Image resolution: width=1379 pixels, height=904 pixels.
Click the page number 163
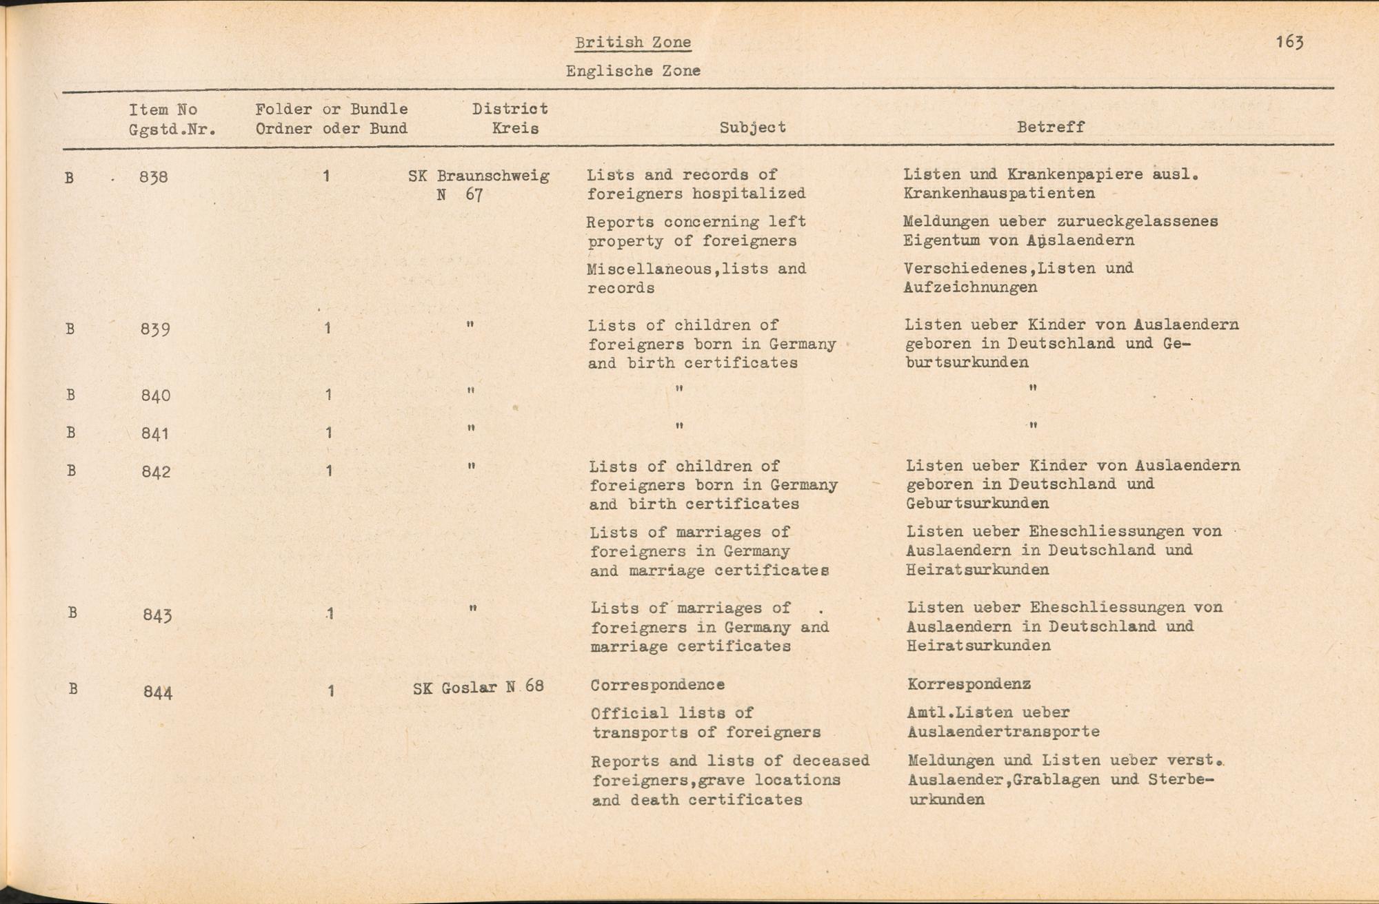1289,42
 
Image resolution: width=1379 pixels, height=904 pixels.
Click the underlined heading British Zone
633,43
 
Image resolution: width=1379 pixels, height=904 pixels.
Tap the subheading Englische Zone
633,70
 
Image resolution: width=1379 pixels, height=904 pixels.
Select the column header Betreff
1050,127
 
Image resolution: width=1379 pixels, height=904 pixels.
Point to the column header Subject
752,127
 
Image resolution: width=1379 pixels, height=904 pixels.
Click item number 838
153,177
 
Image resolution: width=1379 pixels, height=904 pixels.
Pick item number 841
154,433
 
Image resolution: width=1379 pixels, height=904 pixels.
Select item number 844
158,691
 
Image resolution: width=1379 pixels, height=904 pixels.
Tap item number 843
157,614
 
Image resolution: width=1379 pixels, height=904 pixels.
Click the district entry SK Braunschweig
479,176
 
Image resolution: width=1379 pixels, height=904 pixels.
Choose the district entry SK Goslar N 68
478,687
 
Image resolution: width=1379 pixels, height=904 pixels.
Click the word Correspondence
657,685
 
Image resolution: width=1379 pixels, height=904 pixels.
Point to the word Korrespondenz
969,684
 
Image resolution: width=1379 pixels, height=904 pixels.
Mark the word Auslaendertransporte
1003,732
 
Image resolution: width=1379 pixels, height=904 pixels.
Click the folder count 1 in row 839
328,328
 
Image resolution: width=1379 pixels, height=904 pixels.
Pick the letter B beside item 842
70,471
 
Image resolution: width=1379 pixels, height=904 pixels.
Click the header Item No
163,110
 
